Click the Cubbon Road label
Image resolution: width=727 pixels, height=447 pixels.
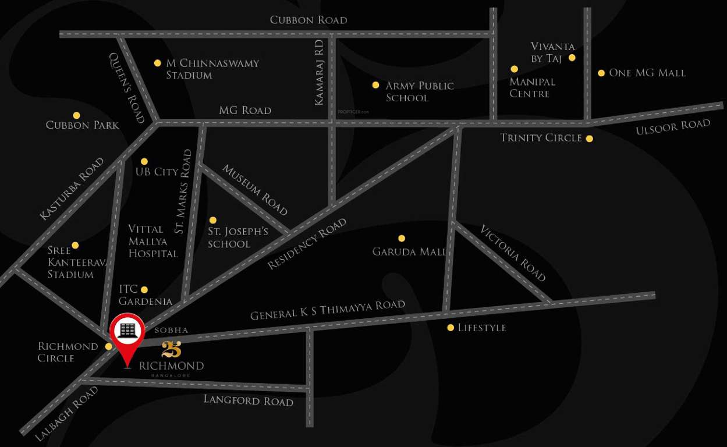click(x=308, y=20)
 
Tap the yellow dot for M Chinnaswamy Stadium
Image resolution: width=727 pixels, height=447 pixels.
click(x=157, y=63)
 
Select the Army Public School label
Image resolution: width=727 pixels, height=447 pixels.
click(x=419, y=91)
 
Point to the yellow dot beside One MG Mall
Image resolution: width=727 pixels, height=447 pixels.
click(x=601, y=73)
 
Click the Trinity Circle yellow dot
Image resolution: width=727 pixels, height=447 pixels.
click(x=590, y=139)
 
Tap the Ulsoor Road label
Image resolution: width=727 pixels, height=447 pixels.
click(x=673, y=126)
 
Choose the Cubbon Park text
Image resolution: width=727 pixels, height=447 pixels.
click(x=82, y=125)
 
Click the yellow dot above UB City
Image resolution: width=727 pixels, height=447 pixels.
click(x=144, y=161)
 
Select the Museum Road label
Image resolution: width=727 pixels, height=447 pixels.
click(x=255, y=189)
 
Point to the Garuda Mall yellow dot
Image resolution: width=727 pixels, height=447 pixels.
click(x=401, y=238)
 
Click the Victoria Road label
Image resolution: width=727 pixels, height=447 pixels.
click(x=512, y=253)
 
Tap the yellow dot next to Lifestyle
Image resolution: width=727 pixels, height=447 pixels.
click(x=450, y=328)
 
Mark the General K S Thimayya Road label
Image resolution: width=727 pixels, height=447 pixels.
click(x=327, y=310)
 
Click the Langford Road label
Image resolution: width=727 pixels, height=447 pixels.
click(x=248, y=400)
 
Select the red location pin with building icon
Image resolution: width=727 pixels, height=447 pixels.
click(x=127, y=333)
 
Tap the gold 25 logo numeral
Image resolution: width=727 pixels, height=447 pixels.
click(x=171, y=349)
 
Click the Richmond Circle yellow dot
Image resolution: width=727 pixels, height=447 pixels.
click(x=108, y=346)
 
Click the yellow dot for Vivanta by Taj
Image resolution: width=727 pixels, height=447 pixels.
click(x=572, y=58)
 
